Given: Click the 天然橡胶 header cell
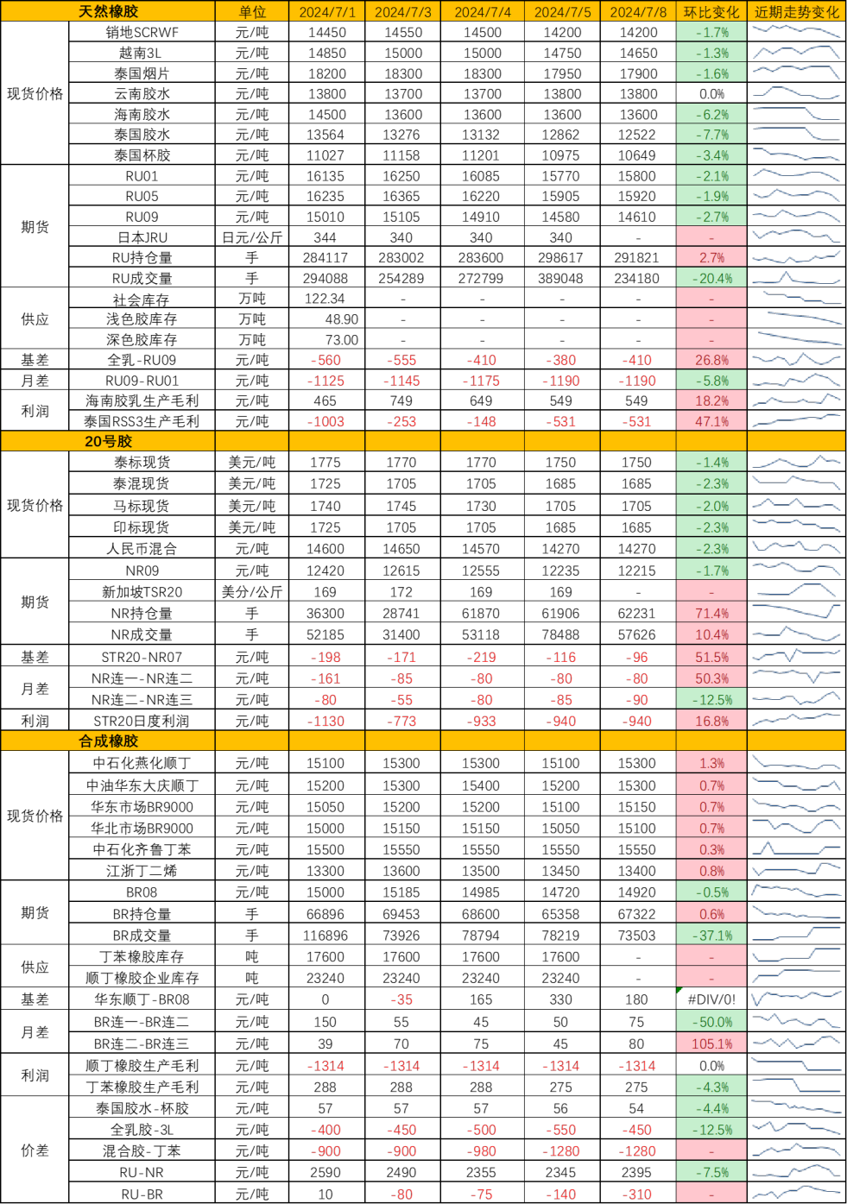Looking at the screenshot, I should tap(108, 11).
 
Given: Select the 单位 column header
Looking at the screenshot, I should tap(252, 11).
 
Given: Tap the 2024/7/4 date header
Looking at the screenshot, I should tap(482, 11).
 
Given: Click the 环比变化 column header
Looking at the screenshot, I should tap(711, 11).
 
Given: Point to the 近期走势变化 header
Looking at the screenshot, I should tap(796, 11).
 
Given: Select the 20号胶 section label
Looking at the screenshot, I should tap(108, 441).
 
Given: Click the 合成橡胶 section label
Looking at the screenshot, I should tap(108, 741).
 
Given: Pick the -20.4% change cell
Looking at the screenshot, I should tap(711, 278).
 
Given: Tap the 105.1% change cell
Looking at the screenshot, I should tap(711, 1043).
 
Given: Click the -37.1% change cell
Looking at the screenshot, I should tap(711, 936).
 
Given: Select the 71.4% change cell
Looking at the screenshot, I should tap(711, 613).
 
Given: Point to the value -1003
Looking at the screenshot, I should tap(327, 421).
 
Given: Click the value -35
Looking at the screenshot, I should tap(402, 999).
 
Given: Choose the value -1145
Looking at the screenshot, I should tap(402, 381).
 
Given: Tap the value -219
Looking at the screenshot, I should tap(482, 657).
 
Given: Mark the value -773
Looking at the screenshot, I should tap(402, 721).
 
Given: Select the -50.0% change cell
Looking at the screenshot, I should tap(711, 1022).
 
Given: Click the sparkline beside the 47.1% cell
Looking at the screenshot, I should tap(796, 421).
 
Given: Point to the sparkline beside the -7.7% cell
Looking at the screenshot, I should tap(796, 134).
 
